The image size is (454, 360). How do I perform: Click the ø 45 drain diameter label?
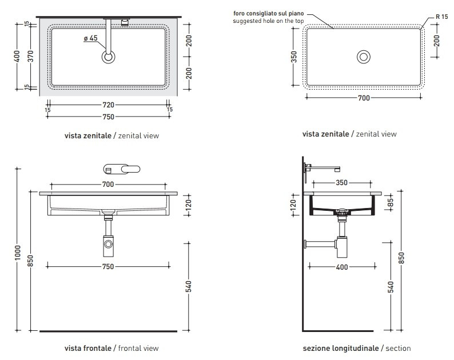click(90, 38)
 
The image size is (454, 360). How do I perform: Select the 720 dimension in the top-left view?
click(108, 105)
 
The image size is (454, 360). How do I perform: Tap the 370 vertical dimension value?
click(31, 56)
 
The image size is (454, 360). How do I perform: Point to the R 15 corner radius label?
click(441, 17)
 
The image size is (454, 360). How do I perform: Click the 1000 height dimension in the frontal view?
click(18, 253)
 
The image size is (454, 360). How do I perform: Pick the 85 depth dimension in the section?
click(391, 202)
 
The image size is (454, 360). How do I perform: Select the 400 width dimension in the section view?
click(342, 267)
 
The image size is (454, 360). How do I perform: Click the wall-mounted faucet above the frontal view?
click(122, 169)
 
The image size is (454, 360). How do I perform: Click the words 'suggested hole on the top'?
click(268, 21)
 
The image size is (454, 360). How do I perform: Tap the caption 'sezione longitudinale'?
click(341, 348)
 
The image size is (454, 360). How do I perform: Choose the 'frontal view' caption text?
click(138, 348)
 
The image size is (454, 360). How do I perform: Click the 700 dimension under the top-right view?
click(364, 98)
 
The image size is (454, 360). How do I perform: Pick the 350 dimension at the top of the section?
click(342, 183)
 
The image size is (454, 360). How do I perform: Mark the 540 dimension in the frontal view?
click(189, 286)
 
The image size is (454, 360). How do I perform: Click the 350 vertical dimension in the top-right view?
click(294, 57)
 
